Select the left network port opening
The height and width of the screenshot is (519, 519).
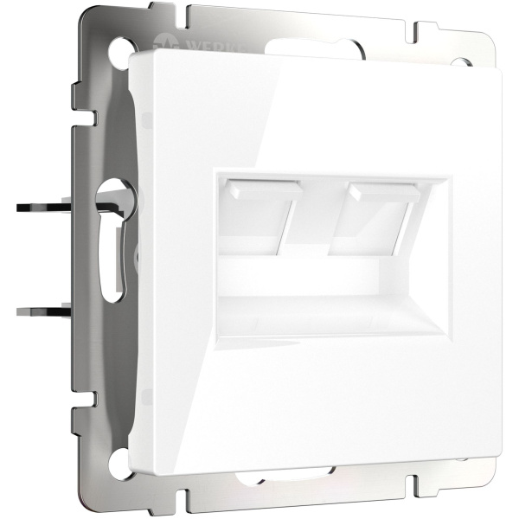(x=252, y=221)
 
